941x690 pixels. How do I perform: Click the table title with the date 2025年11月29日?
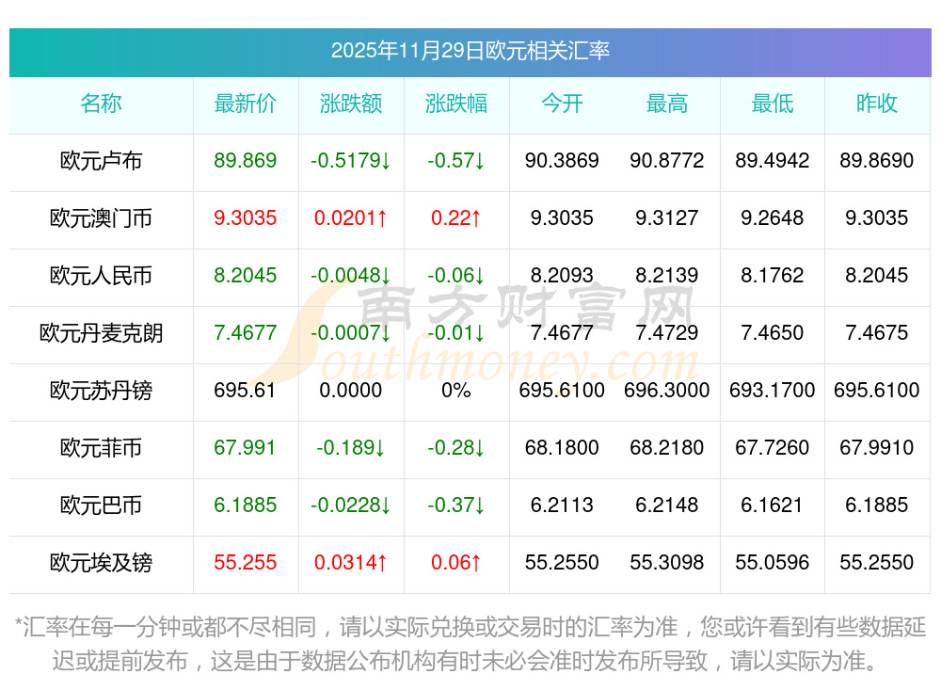coord(470,51)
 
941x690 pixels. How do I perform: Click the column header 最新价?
coord(246,104)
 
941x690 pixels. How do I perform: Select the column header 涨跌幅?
coord(456,104)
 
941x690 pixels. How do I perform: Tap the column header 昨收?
coord(877,104)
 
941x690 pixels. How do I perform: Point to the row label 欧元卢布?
coord(101,161)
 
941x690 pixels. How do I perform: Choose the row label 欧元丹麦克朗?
coord(101,333)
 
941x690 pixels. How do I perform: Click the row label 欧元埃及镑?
coord(101,563)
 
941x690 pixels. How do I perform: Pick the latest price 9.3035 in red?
coord(246,218)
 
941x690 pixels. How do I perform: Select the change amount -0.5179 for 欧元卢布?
coord(351,161)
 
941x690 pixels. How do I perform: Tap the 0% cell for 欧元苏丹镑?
coord(456,391)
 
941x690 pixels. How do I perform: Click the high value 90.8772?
coord(667,161)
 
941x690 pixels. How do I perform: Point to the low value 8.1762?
coord(773,276)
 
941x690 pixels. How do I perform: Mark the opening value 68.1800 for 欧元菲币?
coord(562,448)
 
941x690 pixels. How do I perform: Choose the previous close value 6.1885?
coord(877,505)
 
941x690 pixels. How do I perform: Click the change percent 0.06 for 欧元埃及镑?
coord(456,563)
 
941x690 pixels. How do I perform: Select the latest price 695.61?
coord(246,391)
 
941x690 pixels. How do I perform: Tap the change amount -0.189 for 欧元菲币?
coord(351,448)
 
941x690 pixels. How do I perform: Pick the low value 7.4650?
coord(773,333)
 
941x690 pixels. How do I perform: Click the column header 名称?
coord(101,104)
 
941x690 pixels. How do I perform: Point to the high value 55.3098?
coord(667,563)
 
